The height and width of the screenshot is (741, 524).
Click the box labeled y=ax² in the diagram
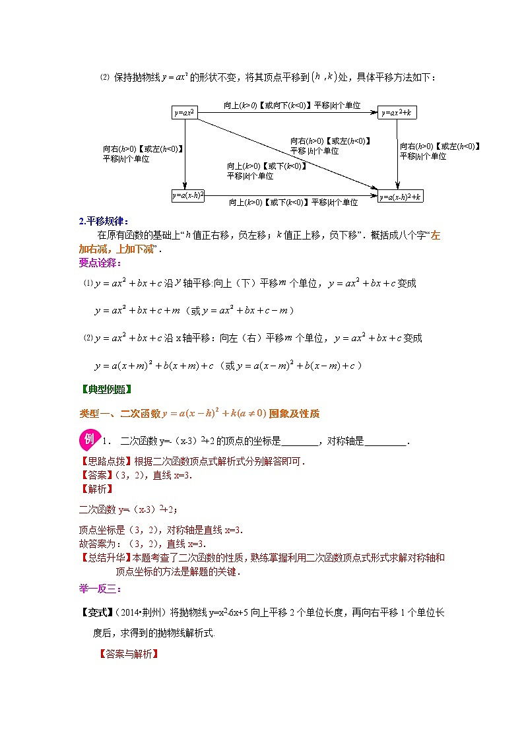click(x=185, y=112)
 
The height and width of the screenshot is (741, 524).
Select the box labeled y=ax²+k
click(x=398, y=112)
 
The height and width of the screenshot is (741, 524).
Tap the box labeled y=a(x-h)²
click(x=188, y=195)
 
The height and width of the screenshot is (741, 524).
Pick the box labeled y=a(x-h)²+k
click(x=400, y=196)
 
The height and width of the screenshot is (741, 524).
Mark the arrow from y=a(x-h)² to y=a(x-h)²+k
click(x=290, y=195)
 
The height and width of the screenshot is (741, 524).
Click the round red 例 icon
click(x=88, y=439)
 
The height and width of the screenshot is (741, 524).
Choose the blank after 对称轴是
click(x=385, y=441)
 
